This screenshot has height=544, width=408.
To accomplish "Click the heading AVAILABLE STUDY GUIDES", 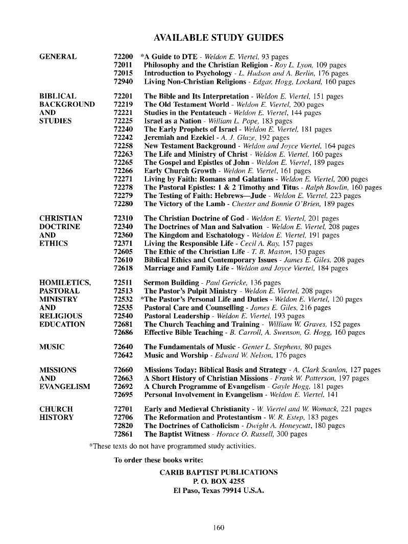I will click(219, 38).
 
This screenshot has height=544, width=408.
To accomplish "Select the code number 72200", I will click(123, 57).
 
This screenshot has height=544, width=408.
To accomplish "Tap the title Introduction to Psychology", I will click(184, 73).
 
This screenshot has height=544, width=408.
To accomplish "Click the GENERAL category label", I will click(58, 57).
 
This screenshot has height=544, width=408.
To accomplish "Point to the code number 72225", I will click(123, 121).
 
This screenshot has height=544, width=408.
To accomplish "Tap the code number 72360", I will click(123, 235).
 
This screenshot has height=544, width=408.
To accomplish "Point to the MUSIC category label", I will click(52, 347).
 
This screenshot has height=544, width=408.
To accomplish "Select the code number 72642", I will click(123, 355).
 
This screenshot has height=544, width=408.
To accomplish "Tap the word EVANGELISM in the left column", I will click(65, 386).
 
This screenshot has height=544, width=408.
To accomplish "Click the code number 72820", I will click(123, 426).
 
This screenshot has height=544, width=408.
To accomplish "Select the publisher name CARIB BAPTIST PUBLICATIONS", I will click(219, 473).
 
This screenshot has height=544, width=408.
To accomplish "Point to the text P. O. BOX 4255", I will click(219, 482).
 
